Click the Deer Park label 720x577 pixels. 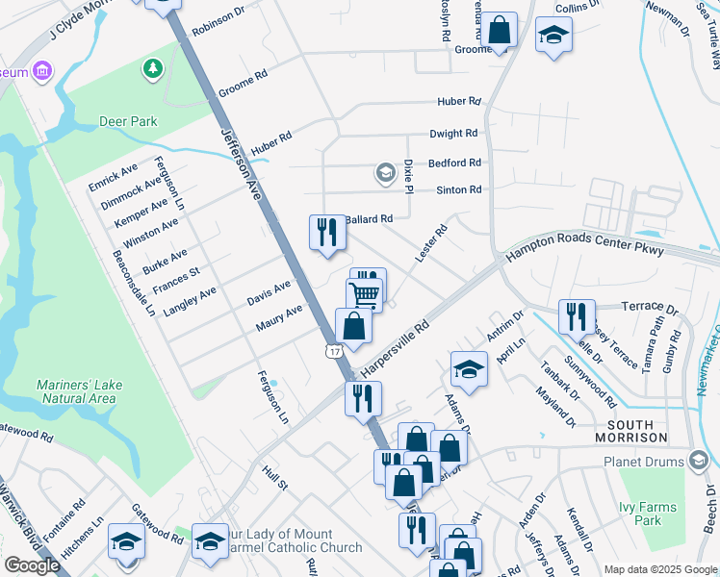point(128,122)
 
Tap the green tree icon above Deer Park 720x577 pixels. point(151,67)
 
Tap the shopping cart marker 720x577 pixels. point(365,293)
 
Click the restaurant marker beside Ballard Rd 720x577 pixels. point(327,233)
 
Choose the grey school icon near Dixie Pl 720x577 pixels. point(385,173)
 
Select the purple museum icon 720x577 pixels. point(40,70)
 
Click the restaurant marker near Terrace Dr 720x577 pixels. point(578,315)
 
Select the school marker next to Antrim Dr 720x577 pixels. point(469,369)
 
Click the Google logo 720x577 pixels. point(32,565)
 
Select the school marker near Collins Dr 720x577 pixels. point(553,36)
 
